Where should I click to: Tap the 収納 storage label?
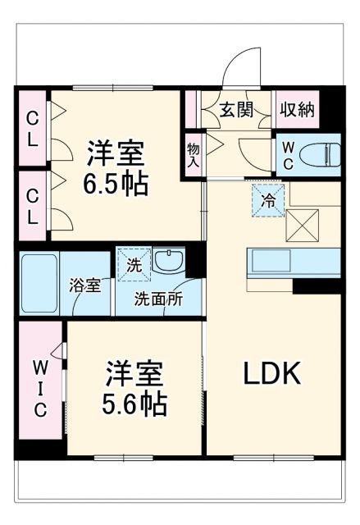coord(296,110)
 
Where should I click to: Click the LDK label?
coord(272,374)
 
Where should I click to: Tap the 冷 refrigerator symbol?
coord(267,200)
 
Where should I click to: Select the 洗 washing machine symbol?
coord(132,265)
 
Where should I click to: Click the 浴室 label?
coord(84,286)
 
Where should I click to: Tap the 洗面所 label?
coord(159,299)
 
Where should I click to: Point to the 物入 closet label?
coord(194,153)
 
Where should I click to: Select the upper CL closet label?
coord(32,128)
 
